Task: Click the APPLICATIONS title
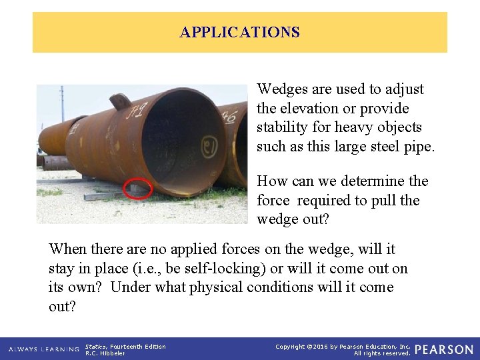[x=239, y=32]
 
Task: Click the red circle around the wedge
[x=139, y=189]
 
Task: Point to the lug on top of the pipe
[x=120, y=101]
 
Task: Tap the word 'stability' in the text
[x=282, y=127]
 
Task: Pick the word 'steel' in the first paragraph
[x=383, y=146]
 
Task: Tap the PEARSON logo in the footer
[x=444, y=349]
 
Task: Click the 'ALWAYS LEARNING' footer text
[x=43, y=349]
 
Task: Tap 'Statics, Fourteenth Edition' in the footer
[x=125, y=346]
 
